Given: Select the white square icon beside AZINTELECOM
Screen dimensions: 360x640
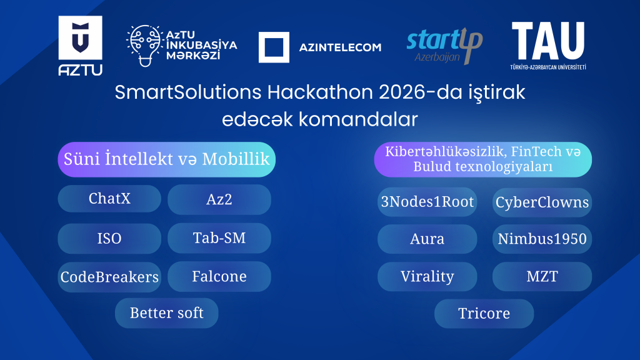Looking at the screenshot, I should coord(274,47).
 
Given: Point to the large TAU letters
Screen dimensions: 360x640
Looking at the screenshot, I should coord(548,41).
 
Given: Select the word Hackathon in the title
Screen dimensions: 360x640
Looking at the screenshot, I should coord(296,92).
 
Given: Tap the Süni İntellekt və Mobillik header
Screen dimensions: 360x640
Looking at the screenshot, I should coord(166,159).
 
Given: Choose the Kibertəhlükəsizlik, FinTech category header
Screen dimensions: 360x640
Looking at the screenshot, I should coord(482,159).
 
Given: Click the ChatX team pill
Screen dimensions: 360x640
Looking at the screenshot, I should coord(109,199).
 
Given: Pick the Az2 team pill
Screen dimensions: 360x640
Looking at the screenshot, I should coord(219,199).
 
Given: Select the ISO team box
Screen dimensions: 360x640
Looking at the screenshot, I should coord(109,238).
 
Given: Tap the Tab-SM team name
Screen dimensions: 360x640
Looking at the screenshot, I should coord(219,237).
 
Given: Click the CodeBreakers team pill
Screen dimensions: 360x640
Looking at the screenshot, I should coord(109,277).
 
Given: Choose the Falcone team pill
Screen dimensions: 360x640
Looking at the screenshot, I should coord(219,276).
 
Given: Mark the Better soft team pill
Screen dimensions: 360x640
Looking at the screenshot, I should coord(166,312).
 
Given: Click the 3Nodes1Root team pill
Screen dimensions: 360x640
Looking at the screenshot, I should coord(427,202).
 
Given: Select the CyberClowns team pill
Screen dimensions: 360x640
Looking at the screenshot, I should coord(542,202).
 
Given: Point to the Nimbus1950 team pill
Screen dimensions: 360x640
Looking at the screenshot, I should coord(542,239).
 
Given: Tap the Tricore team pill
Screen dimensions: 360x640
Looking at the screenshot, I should coord(484,313).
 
